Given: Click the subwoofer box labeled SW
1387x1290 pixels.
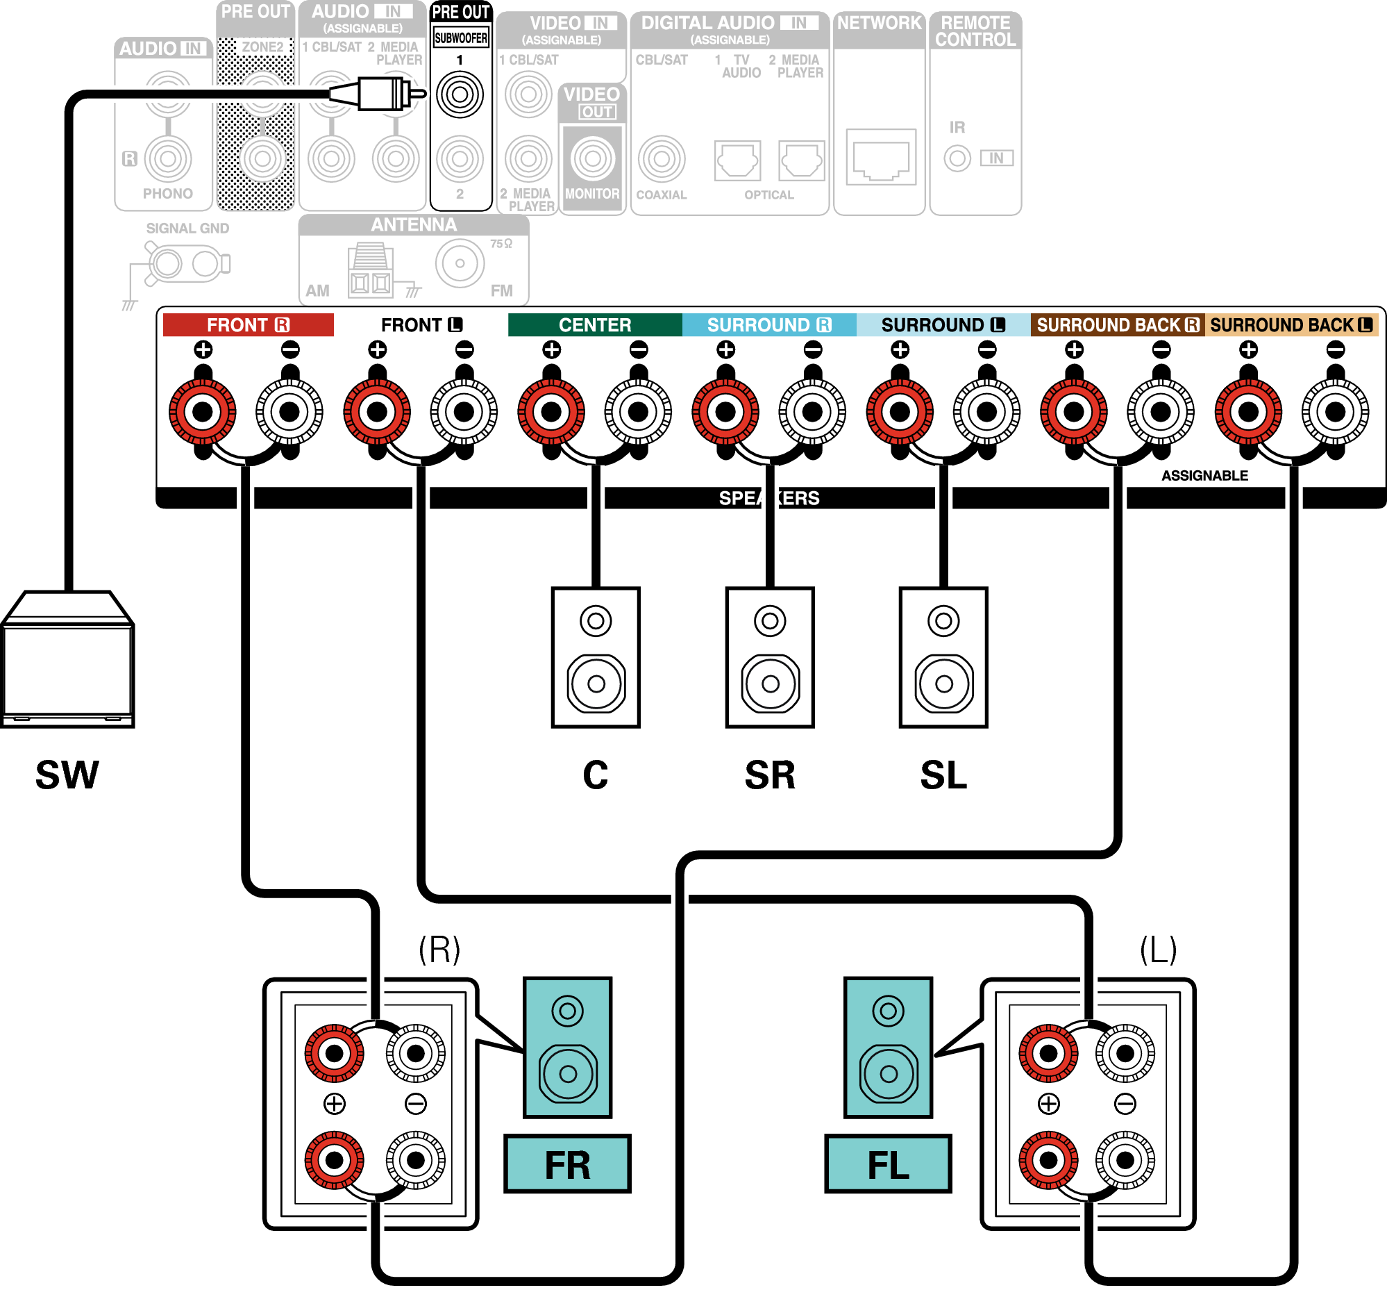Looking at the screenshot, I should coord(67,663).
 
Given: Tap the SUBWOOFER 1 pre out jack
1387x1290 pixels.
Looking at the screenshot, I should coord(460,94).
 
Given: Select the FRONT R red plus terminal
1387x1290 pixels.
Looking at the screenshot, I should coord(203,412).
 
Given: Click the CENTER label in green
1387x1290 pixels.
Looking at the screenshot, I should coord(594,325).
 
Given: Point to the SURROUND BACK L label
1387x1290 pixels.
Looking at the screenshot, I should coord(1291,325).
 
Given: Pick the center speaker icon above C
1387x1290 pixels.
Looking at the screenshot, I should coord(596,659).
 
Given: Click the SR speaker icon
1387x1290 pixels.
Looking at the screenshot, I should coord(770,659).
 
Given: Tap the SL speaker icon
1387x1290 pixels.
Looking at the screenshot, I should coord(943,659).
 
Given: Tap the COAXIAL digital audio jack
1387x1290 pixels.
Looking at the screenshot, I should coord(662,159).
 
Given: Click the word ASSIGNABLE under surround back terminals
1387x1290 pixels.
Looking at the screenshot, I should coord(1204,476).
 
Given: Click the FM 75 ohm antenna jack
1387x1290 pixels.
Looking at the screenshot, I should coord(460,264).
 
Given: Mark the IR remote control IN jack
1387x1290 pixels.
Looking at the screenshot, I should coord(957,158).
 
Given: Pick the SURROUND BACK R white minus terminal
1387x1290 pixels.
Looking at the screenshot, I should coord(1161,412).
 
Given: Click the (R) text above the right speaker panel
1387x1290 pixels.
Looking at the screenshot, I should coord(439,950).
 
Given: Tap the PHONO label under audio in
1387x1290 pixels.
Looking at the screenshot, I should coord(167,194).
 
